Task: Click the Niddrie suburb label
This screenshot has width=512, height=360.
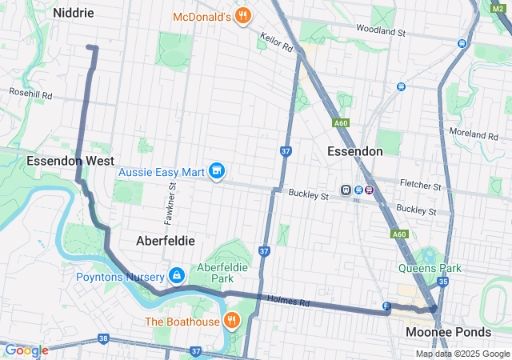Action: (x=74, y=13)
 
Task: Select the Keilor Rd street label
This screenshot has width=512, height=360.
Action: (x=277, y=42)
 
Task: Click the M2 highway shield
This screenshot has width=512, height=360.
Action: (x=498, y=7)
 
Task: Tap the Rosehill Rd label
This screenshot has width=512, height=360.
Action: (x=30, y=94)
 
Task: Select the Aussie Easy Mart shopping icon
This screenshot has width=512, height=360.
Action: (x=216, y=171)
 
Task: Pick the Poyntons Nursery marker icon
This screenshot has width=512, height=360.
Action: (x=176, y=277)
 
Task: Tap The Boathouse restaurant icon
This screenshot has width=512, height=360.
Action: (x=232, y=322)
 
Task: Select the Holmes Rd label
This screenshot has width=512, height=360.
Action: (x=293, y=302)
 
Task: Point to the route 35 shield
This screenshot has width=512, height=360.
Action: (x=443, y=282)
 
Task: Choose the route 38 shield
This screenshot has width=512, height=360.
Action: (x=103, y=339)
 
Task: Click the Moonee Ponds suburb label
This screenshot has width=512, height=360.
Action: (x=448, y=331)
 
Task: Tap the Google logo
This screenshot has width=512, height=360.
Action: (x=26, y=350)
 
